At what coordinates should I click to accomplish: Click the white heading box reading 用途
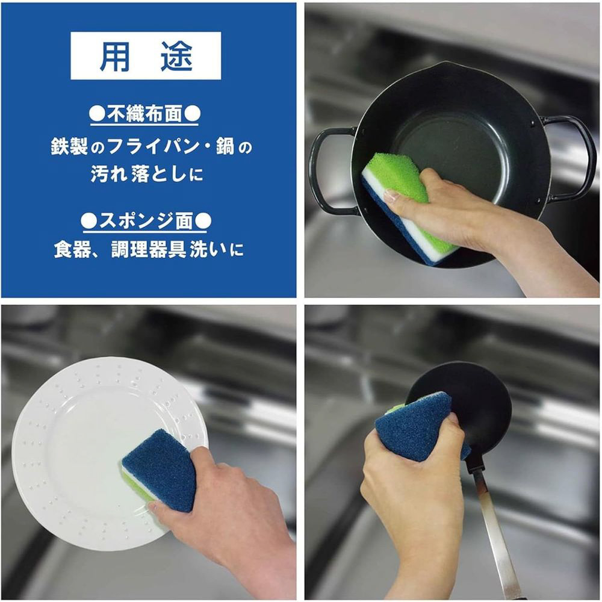(x=146, y=55)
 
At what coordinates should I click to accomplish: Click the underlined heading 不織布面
(x=144, y=114)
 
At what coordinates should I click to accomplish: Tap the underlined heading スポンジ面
(x=146, y=221)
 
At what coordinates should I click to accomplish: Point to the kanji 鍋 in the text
(x=225, y=146)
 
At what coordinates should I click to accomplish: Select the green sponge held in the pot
(x=407, y=207)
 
